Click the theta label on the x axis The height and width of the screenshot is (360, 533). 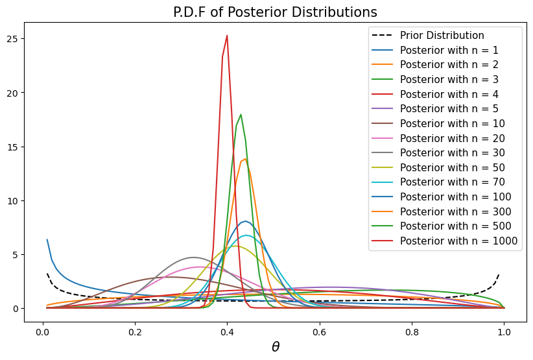click(x=276, y=347)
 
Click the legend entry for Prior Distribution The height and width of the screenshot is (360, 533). click(x=441, y=35)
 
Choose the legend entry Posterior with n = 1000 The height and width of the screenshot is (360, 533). click(x=458, y=241)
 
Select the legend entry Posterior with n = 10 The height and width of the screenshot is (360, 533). click(x=453, y=123)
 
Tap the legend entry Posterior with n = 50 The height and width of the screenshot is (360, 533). click(x=453, y=167)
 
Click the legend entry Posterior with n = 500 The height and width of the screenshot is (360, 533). click(x=456, y=226)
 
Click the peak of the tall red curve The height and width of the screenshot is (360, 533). click(x=227, y=36)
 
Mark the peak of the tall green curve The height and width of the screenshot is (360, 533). click(x=241, y=115)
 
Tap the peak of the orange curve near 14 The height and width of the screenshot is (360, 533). click(x=245, y=159)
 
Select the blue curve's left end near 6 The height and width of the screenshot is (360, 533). click(x=47, y=239)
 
